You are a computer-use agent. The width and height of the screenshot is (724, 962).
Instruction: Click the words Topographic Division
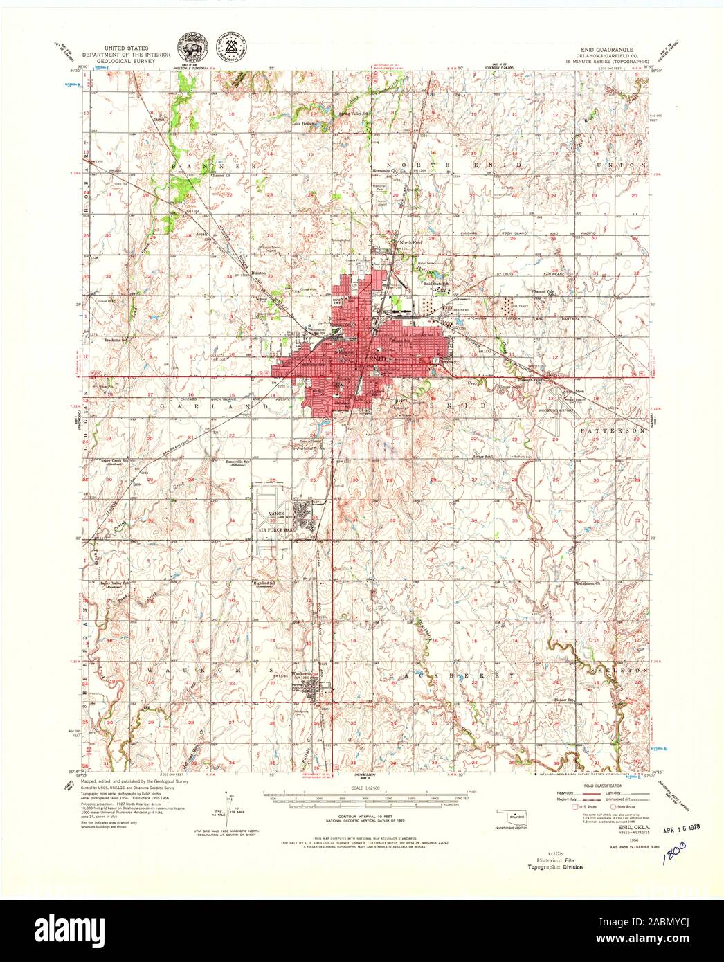(x=554, y=866)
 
